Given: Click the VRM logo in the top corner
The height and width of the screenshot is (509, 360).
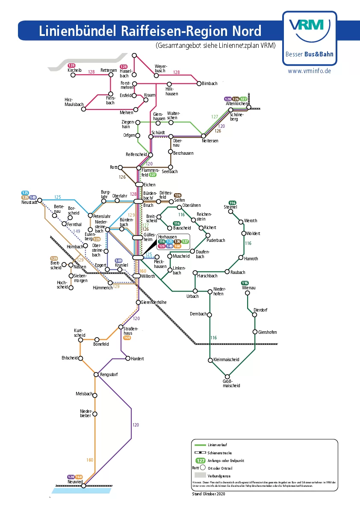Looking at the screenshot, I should (310, 26).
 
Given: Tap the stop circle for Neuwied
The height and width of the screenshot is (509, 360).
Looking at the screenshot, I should (84, 485).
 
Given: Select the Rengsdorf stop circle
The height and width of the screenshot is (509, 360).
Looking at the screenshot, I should (96, 375).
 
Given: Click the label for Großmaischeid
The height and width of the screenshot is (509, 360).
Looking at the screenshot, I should (231, 383).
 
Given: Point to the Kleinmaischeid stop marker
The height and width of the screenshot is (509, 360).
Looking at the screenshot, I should (210, 360).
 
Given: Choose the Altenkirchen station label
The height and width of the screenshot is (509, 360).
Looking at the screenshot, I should (236, 104).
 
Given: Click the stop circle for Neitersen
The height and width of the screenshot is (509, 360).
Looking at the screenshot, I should (204, 136).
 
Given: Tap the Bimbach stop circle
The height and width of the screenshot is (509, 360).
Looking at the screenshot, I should (198, 84).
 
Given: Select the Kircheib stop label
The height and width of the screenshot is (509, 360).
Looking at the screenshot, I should (74, 70).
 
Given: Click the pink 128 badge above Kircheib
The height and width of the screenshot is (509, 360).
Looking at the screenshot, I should (71, 65).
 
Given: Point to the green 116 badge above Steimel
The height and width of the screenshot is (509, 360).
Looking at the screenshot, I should (232, 203).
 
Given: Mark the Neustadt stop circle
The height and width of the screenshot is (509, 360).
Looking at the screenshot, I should (40, 200).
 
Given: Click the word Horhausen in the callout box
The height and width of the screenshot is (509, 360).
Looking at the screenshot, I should (167, 236).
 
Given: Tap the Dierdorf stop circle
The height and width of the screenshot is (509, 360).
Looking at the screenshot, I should (254, 315).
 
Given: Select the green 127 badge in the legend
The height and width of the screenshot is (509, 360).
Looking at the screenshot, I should (200, 461).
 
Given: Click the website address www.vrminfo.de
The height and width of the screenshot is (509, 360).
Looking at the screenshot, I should (309, 71).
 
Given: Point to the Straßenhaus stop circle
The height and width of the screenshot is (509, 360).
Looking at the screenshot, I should (121, 327).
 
